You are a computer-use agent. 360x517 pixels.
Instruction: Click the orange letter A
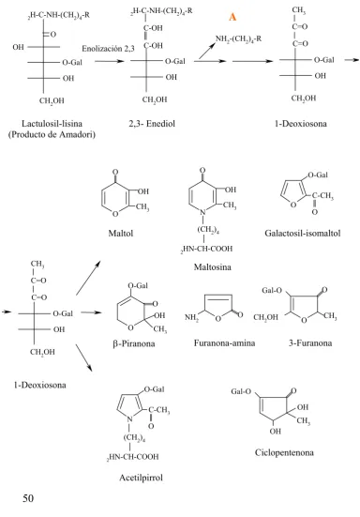click(x=232, y=17)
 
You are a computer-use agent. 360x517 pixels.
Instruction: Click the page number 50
click(x=28, y=498)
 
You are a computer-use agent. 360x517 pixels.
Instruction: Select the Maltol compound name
click(x=121, y=234)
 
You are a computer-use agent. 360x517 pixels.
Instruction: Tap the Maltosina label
click(x=213, y=266)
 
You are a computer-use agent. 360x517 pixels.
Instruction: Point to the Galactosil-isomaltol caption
click(x=303, y=234)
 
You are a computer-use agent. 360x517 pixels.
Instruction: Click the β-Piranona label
click(x=134, y=343)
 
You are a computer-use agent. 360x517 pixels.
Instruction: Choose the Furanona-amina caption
click(x=224, y=343)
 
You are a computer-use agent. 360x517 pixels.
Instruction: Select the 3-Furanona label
click(x=310, y=343)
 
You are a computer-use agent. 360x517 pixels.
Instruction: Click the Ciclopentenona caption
click(x=284, y=452)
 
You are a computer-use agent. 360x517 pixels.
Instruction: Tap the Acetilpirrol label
click(x=141, y=478)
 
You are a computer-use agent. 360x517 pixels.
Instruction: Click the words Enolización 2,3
click(x=108, y=49)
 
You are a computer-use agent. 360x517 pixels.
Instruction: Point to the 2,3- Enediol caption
click(x=152, y=124)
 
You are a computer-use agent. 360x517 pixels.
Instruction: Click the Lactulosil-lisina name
click(x=52, y=124)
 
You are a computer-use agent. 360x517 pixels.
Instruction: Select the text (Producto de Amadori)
click(x=52, y=134)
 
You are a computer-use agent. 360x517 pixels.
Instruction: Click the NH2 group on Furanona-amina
click(x=191, y=317)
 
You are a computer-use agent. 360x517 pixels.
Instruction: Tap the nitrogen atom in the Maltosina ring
click(x=203, y=213)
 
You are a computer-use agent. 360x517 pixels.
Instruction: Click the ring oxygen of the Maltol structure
click(x=115, y=214)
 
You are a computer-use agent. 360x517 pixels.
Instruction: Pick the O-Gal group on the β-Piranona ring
click(x=138, y=285)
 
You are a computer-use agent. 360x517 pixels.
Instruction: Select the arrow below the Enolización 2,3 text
click(x=110, y=61)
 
